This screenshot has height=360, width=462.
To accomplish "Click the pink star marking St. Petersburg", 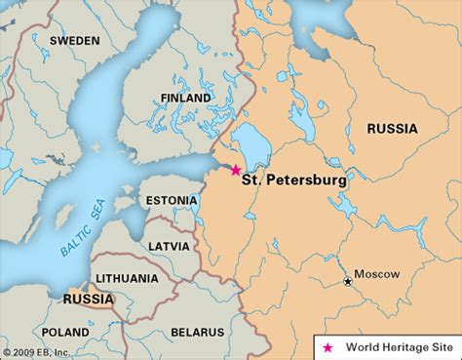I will [x=235, y=170].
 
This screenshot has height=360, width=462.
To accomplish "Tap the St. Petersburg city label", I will [x=293, y=180].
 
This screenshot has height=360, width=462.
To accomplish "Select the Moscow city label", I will [x=376, y=275].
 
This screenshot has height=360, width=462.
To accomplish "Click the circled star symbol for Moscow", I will [x=348, y=282].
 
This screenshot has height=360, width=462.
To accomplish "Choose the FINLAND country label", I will [x=185, y=99].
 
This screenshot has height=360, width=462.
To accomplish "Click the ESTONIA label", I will [x=172, y=200].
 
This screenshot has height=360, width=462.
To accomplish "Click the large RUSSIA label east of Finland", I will [x=392, y=128].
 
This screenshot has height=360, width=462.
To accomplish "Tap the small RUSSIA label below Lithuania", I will [x=88, y=299].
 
